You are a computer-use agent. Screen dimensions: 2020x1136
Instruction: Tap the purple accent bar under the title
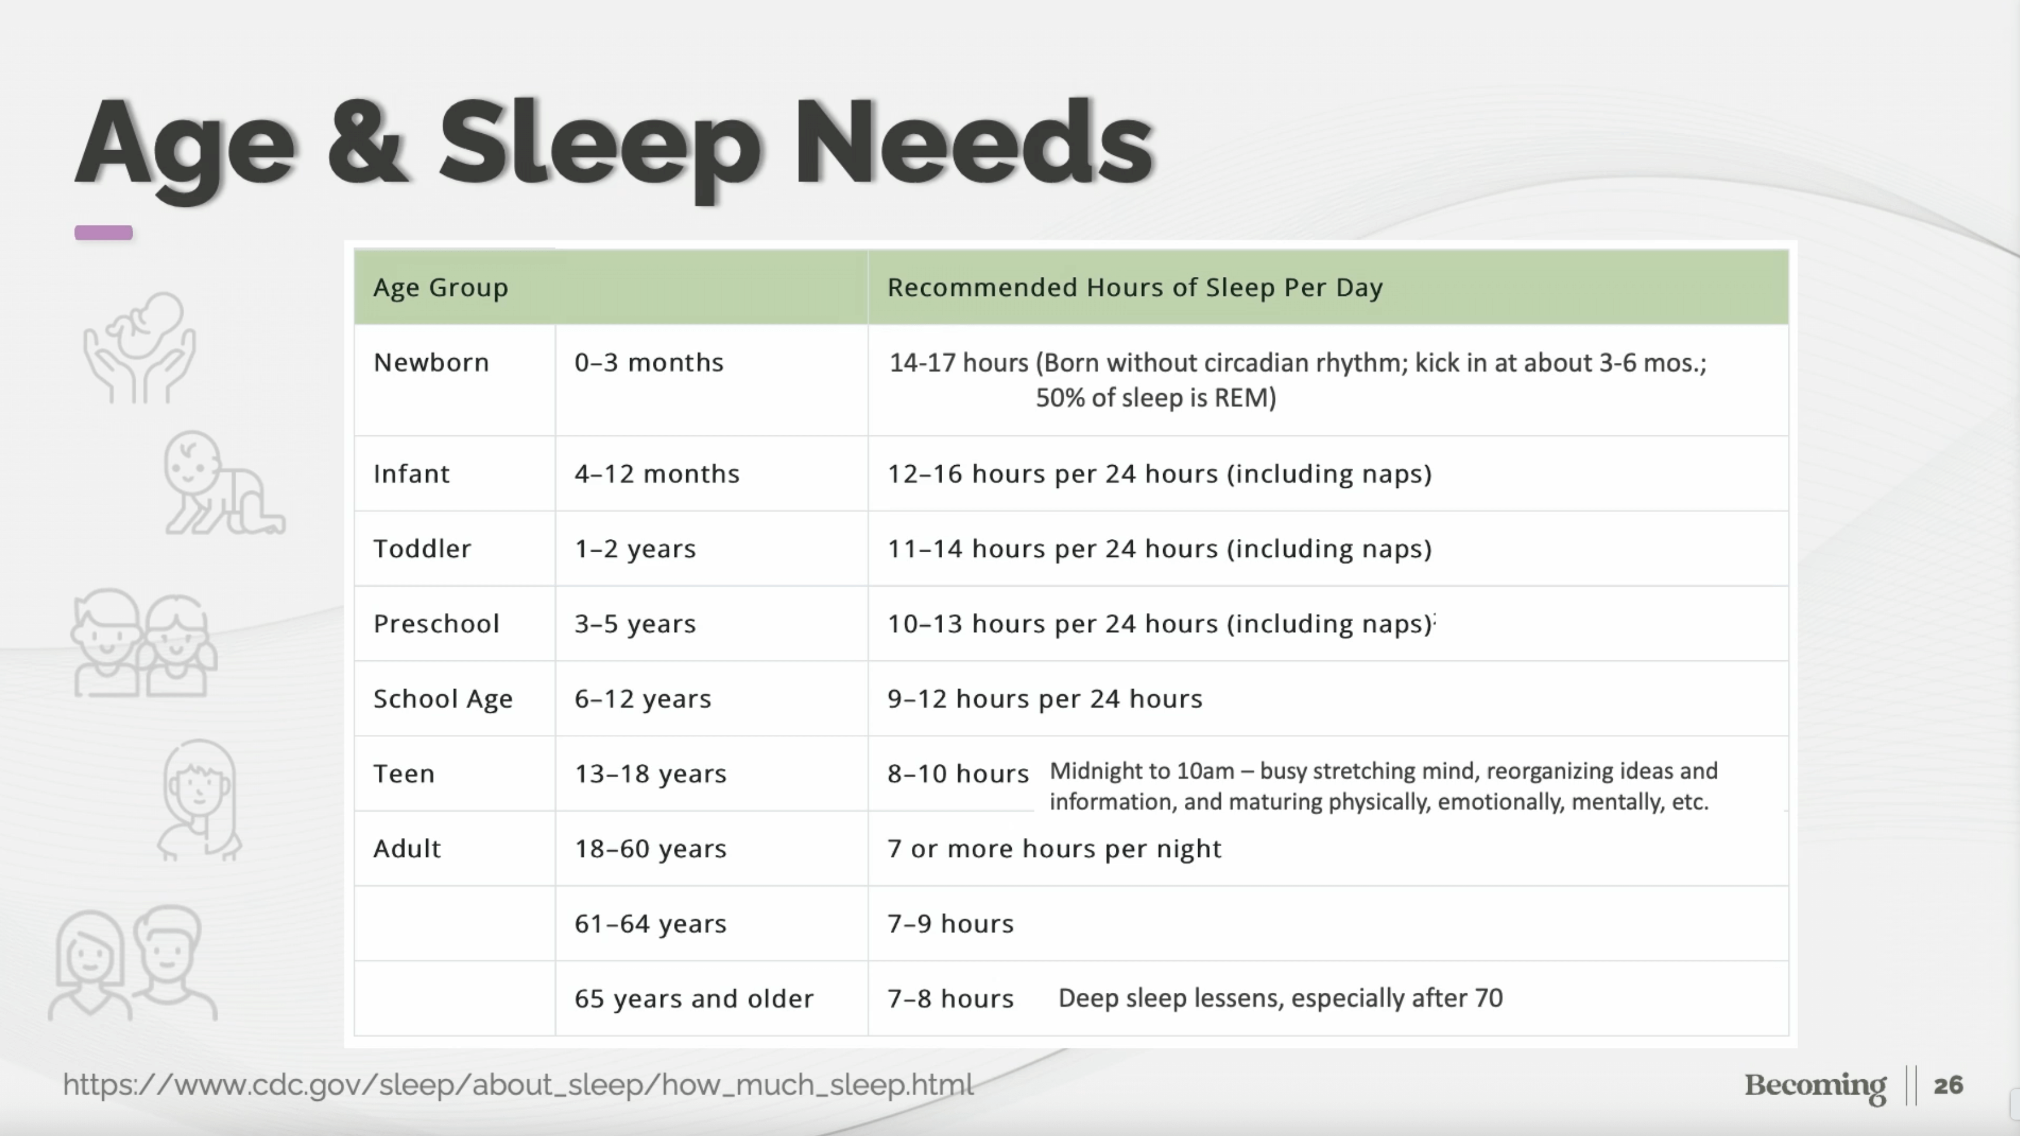click(x=103, y=232)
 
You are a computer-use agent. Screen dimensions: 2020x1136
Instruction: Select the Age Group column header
click(x=441, y=288)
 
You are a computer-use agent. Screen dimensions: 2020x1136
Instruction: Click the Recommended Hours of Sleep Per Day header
click(x=1134, y=288)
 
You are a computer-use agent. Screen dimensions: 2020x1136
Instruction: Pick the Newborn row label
click(x=431, y=362)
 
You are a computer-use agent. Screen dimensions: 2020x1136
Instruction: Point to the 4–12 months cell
click(x=657, y=473)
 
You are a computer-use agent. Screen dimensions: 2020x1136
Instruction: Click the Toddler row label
click(x=423, y=549)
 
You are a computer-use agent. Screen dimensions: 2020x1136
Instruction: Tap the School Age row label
click(x=443, y=698)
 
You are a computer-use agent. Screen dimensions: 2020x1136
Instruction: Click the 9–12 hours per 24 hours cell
click(x=1044, y=698)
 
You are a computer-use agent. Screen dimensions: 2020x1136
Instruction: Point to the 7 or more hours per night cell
click(x=1054, y=848)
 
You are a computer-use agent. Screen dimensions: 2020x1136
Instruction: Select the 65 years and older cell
click(x=694, y=999)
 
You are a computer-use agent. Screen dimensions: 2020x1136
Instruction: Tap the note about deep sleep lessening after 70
click(x=1281, y=998)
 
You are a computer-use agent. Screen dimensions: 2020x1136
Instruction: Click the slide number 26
click(x=1949, y=1085)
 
